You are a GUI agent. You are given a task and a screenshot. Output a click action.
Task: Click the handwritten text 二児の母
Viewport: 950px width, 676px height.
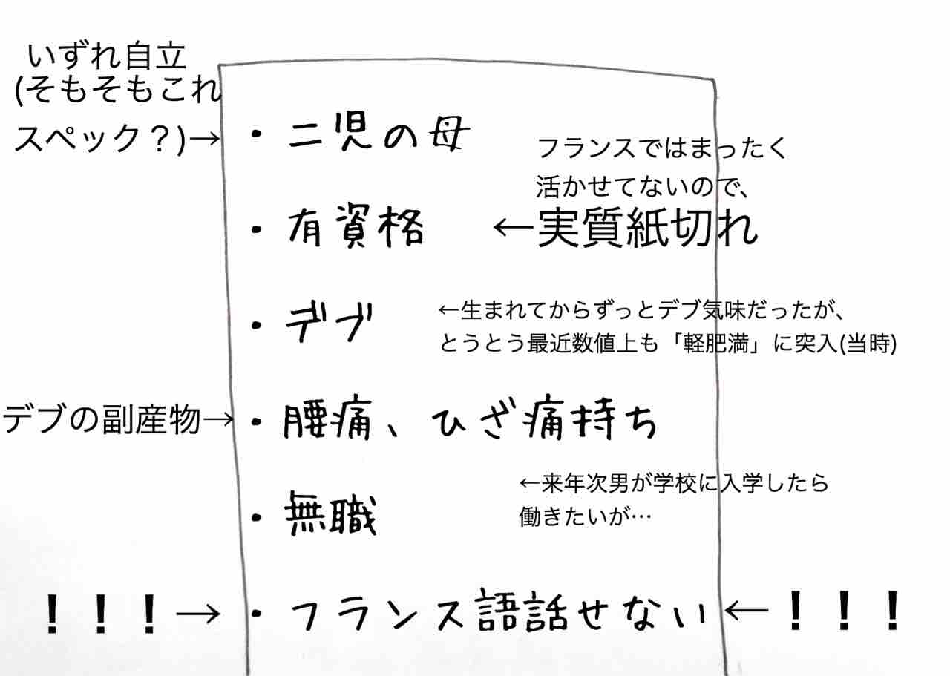[379, 136]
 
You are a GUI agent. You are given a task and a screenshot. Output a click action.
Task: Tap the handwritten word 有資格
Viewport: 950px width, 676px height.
[355, 228]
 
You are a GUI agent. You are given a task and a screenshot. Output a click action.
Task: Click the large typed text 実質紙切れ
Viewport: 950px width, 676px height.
[646, 228]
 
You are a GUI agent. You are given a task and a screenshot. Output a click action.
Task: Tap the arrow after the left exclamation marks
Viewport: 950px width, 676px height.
[199, 613]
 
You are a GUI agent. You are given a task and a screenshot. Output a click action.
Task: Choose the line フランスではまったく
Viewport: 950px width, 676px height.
[661, 148]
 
